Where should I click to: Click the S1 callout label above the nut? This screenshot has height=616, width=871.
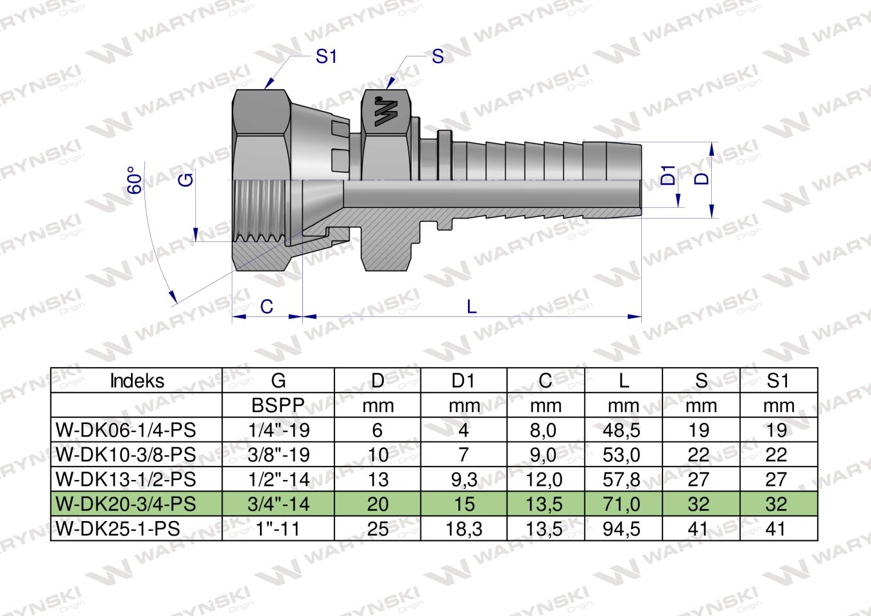(326, 57)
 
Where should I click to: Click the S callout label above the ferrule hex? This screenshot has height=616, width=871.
(438, 57)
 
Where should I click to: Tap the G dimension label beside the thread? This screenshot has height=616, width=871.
(185, 180)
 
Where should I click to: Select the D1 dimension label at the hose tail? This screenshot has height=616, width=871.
(668, 175)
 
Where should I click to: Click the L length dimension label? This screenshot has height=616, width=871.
(472, 307)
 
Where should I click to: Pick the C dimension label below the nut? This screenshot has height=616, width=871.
(266, 307)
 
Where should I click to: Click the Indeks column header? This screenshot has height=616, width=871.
(137, 381)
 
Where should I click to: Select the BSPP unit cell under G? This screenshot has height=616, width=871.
(279, 406)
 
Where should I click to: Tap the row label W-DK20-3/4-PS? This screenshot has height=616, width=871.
(126, 504)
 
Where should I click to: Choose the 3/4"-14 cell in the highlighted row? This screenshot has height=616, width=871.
(279, 504)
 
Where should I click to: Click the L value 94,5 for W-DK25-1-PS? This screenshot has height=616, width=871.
(622, 529)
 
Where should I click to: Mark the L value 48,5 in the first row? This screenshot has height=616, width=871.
(622, 430)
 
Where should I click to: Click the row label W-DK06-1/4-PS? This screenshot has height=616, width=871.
(126, 430)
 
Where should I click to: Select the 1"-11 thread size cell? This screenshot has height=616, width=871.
(279, 529)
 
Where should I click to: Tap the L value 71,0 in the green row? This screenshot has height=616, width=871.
(622, 504)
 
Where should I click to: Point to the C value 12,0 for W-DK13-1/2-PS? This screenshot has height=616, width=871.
(545, 479)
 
